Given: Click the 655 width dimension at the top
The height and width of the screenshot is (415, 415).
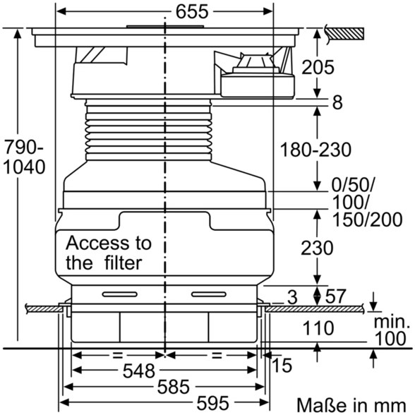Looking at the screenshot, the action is pyautogui.click(x=192, y=12).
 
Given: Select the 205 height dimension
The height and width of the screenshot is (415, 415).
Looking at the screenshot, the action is pyautogui.click(x=318, y=67).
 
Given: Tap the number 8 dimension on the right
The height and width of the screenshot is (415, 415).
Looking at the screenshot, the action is pyautogui.click(x=337, y=102).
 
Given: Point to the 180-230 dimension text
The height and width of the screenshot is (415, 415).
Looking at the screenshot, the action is pyautogui.click(x=315, y=150).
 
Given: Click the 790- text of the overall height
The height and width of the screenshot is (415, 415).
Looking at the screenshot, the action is pyautogui.click(x=24, y=147).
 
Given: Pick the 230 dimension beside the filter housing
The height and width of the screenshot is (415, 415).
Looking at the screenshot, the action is pyautogui.click(x=317, y=248).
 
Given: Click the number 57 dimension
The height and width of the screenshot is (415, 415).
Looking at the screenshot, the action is pyautogui.click(x=335, y=296).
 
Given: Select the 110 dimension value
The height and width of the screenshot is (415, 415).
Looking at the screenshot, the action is pyautogui.click(x=318, y=328).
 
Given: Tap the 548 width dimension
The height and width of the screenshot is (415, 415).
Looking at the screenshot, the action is pyautogui.click(x=138, y=371).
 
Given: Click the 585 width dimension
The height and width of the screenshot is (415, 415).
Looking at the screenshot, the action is pyautogui.click(x=174, y=387).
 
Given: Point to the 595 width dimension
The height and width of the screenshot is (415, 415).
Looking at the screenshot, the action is pyautogui.click(x=212, y=404).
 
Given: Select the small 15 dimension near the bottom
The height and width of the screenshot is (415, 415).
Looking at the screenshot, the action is pyautogui.click(x=282, y=366).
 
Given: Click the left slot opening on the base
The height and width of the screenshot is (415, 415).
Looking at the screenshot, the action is pyautogui.click(x=120, y=294).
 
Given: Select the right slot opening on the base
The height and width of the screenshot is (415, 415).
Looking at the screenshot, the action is pyautogui.click(x=209, y=294).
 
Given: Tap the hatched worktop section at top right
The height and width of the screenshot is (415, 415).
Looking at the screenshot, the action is pyautogui.click(x=345, y=34).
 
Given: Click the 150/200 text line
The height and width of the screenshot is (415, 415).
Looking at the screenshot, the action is pyautogui.click(x=367, y=219).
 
